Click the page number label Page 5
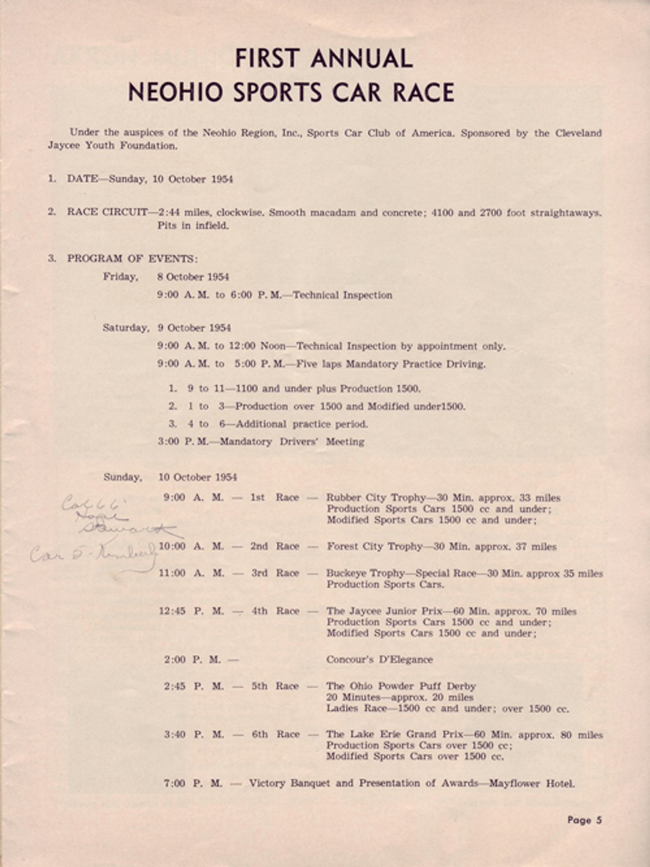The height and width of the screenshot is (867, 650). coord(584,820)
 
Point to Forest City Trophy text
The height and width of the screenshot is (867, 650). coord(375,546)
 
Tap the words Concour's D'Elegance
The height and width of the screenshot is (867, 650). coord(379,659)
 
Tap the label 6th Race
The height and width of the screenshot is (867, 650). coord(275,734)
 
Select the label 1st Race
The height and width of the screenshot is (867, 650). coord(274,497)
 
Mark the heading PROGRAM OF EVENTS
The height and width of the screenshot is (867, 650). coord(132,258)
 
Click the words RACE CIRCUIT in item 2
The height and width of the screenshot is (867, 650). coord(107,212)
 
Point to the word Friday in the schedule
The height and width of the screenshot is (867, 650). coord(120,277)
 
